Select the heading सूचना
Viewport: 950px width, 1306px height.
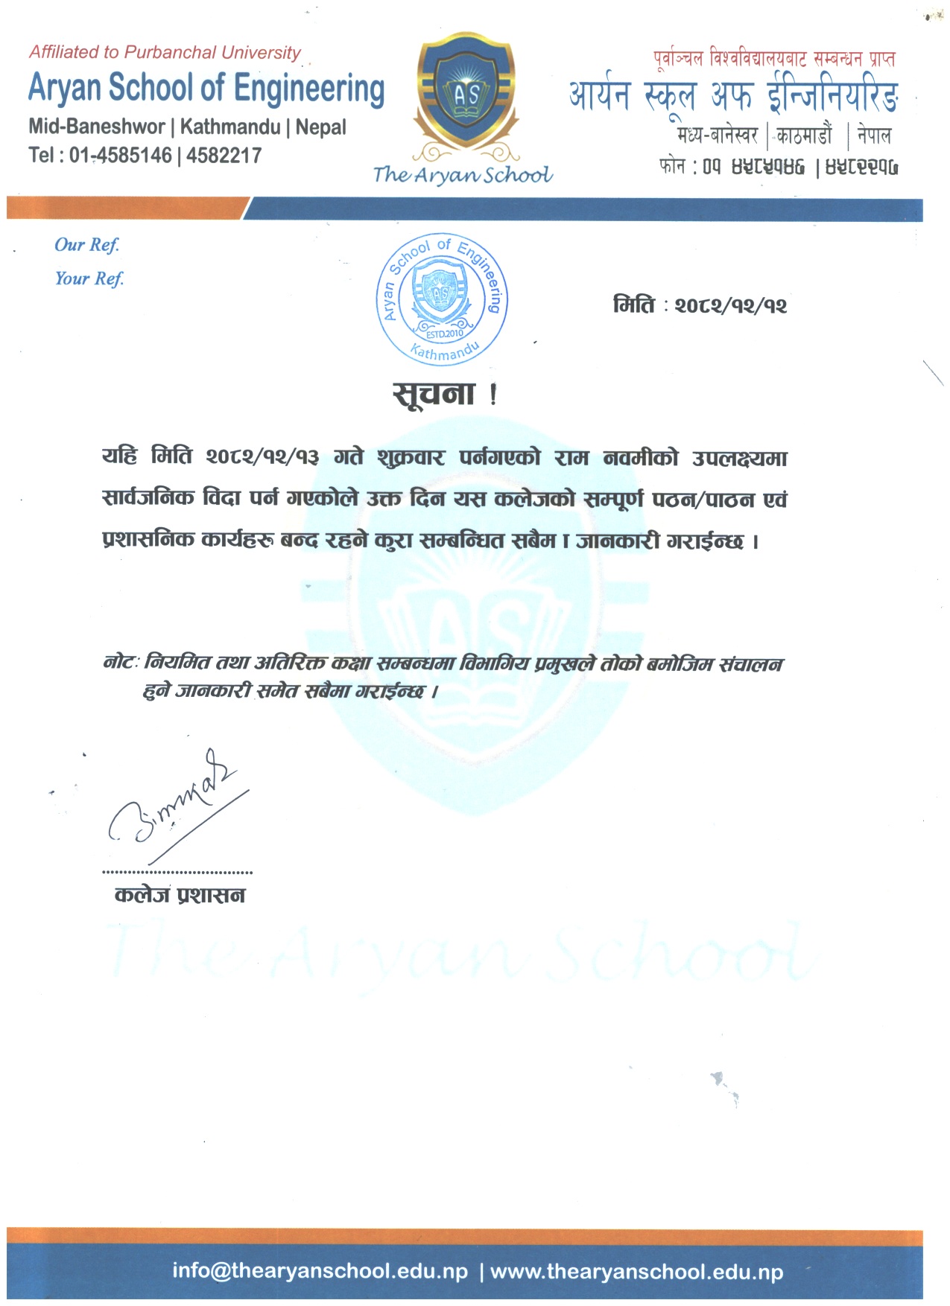pos(434,392)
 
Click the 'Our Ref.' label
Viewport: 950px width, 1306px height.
pos(86,245)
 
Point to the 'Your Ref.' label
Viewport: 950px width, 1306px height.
pos(89,278)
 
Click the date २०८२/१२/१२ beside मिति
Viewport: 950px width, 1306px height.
pos(730,306)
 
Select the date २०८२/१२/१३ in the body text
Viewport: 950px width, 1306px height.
pos(262,456)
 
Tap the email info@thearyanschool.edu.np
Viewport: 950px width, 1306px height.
pos(320,1270)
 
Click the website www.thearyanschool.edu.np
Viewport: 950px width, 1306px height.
pos(636,1271)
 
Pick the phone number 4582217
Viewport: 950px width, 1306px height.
pos(224,156)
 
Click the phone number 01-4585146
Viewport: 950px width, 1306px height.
pos(121,156)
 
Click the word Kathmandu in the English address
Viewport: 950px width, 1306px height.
pos(230,127)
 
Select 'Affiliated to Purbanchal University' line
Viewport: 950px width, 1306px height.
pos(165,52)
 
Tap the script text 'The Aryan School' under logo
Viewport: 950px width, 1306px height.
pos(463,175)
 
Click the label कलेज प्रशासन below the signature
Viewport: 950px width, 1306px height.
pos(180,894)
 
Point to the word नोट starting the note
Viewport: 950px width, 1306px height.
pos(119,662)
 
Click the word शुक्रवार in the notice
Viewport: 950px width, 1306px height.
pos(411,456)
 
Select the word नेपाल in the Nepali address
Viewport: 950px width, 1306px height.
pos(873,136)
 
